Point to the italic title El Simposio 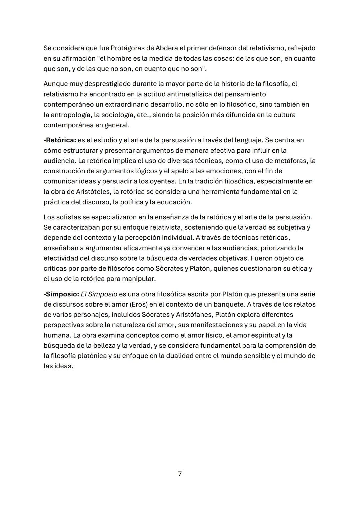click(x=99, y=294)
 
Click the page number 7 click(x=180, y=474)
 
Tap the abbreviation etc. click(x=143, y=115)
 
